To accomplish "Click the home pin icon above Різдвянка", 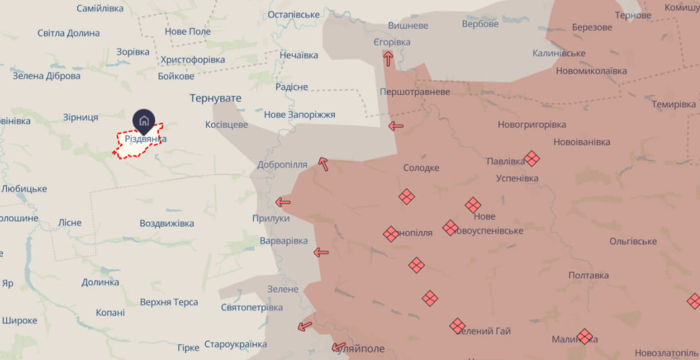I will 144,121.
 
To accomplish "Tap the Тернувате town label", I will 215,98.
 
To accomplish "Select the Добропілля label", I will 282,164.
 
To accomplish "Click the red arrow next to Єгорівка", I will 388,58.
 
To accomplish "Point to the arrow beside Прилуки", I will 282,202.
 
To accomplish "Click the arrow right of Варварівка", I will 321,252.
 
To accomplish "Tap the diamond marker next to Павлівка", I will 531,158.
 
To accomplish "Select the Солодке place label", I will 421,167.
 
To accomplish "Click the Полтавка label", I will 588,275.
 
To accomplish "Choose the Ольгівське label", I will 633,241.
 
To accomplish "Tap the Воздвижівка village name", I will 167,223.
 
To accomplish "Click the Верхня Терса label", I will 169,302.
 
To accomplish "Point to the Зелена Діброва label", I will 47,76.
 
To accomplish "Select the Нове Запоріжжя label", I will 300,114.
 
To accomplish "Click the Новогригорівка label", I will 532,124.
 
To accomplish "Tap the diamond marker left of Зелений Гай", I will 457,326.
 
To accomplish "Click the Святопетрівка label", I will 252,307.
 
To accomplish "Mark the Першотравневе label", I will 415,92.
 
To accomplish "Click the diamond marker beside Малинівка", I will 585,336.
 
